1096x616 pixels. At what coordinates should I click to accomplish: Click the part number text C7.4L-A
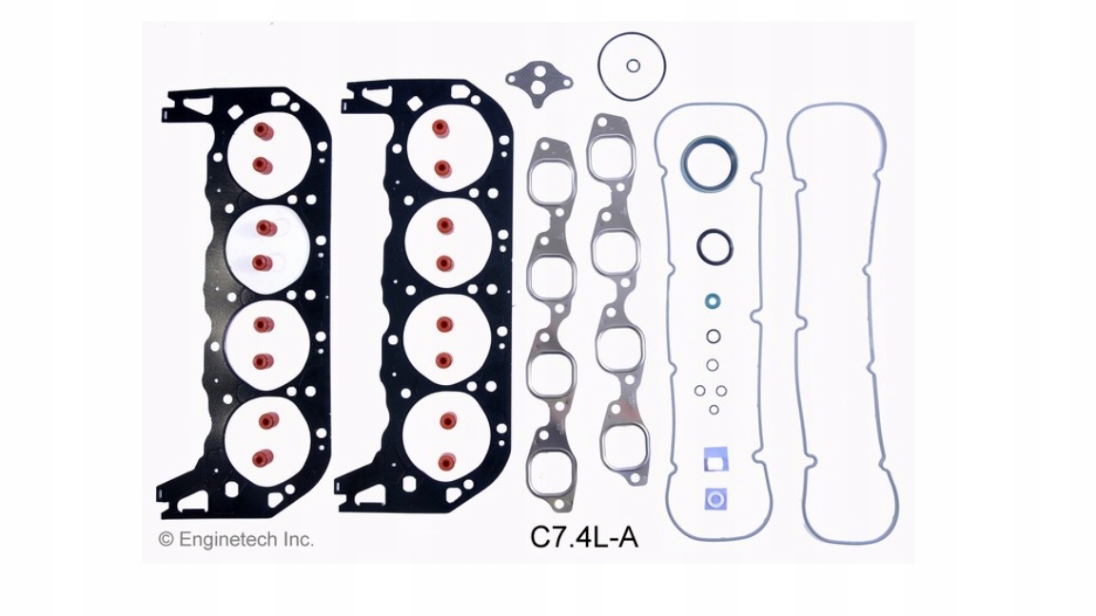(x=583, y=537)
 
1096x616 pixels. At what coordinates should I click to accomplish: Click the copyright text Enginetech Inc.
(x=246, y=539)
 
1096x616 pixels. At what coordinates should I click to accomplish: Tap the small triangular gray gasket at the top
(x=538, y=83)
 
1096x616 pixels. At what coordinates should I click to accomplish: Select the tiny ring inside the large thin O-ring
(x=634, y=66)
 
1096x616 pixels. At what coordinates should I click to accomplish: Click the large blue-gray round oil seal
(x=708, y=165)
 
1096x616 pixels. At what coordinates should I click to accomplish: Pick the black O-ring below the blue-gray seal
(x=714, y=246)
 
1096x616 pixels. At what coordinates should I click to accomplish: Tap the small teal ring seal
(x=713, y=301)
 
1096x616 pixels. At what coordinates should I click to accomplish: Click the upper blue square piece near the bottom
(x=715, y=460)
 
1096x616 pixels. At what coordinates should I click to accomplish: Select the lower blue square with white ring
(x=715, y=499)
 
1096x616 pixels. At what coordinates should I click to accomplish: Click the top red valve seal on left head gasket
(x=264, y=131)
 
